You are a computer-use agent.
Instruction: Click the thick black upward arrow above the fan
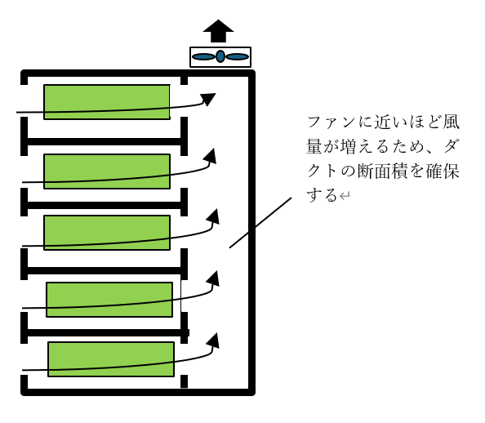pyautogui.click(x=218, y=31)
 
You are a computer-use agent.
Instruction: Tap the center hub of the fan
pyautogui.click(x=220, y=56)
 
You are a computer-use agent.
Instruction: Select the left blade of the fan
pyautogui.click(x=203, y=56)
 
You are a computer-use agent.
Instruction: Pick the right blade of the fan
pyautogui.click(x=237, y=56)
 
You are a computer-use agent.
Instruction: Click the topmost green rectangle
pyautogui.click(x=107, y=102)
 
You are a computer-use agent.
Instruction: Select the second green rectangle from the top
pyautogui.click(x=107, y=171)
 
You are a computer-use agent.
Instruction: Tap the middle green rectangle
pyautogui.click(x=107, y=233)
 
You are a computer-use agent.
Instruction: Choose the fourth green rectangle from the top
pyautogui.click(x=109, y=300)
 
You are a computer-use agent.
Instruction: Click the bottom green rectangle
pyautogui.click(x=111, y=359)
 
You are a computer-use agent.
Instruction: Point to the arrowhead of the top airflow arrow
pyautogui.click(x=208, y=99)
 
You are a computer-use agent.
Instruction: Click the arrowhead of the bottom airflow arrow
pyautogui.click(x=213, y=341)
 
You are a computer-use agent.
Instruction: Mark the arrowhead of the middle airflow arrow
pyautogui.click(x=213, y=217)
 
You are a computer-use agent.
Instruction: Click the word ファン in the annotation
pyautogui.click(x=331, y=122)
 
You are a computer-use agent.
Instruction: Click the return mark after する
pyautogui.click(x=345, y=195)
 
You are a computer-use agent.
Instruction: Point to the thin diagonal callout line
pyautogui.click(x=260, y=222)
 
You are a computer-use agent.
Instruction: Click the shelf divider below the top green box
pyautogui.click(x=105, y=142)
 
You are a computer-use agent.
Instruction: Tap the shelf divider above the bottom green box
pyautogui.click(x=105, y=333)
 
